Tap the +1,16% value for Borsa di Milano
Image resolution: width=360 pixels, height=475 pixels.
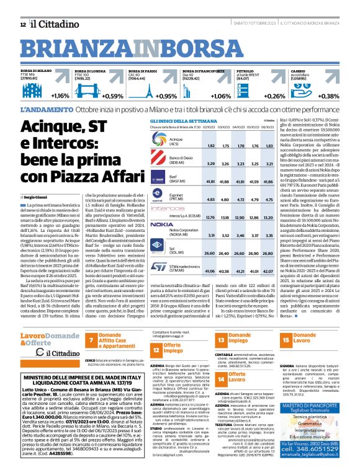click(60, 96)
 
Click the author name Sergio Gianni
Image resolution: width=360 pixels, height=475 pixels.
click(32, 196)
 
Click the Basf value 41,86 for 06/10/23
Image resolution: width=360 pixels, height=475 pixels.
click(269, 182)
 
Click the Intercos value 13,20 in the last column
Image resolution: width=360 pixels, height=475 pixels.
click(269, 217)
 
